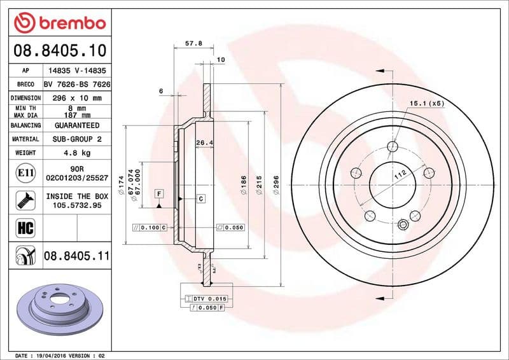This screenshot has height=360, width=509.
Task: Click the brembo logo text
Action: click(69, 23)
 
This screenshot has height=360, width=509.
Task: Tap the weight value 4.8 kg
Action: click(77, 153)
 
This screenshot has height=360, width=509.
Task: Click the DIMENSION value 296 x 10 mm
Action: click(77, 98)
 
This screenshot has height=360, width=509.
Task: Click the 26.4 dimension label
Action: click(204, 142)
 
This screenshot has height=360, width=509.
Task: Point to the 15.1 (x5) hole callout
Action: click(426, 103)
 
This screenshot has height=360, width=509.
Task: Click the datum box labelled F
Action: click(158, 192)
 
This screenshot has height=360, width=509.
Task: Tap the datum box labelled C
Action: click(200, 199)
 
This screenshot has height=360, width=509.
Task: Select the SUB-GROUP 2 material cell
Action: click(77, 139)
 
